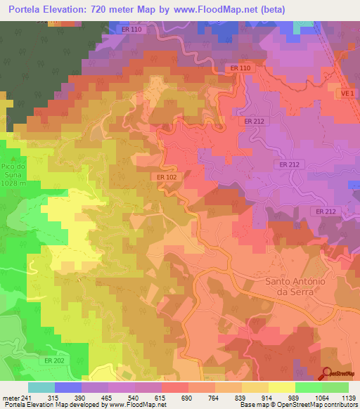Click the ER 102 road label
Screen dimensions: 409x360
167,177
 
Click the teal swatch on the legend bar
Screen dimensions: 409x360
41,387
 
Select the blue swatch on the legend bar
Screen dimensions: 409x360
68,387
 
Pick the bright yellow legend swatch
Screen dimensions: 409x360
282,387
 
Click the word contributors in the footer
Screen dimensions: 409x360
337,405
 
